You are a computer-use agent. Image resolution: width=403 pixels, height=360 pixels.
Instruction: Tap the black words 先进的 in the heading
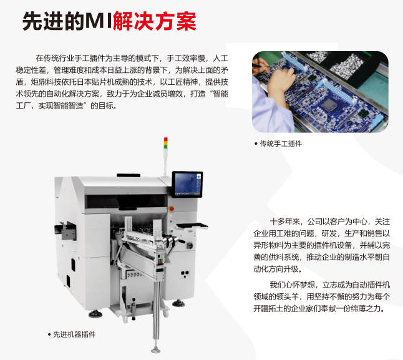(52, 21)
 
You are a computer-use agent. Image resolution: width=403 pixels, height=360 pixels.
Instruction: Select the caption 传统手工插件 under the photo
(281, 144)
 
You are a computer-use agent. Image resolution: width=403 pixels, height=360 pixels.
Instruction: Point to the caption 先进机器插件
(74, 334)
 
